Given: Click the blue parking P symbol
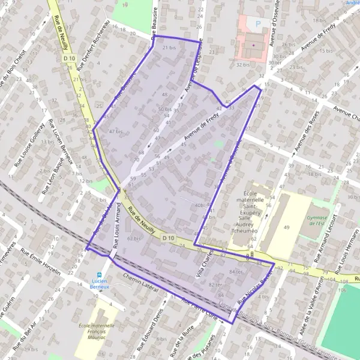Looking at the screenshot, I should tap(259, 24).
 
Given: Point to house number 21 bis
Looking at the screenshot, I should tap(169, 47).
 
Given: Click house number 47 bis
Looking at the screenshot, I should tap(116, 131).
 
